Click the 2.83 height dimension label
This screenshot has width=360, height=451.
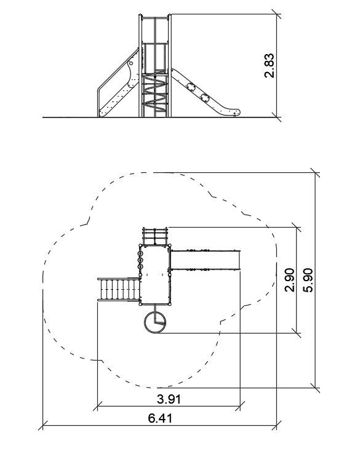point(270,66)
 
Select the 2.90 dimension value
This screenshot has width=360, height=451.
point(289,280)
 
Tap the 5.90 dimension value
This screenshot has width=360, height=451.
point(308,280)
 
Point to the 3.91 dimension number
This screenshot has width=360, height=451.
point(169,399)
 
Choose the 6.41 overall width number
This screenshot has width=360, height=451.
point(160,418)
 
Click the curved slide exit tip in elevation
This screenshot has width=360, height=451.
point(236,111)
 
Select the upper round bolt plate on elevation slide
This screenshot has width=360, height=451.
point(191,87)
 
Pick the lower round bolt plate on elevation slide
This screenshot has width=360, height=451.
point(205,98)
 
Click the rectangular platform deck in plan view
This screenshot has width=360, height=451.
point(156,274)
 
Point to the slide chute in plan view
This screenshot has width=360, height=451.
point(206,260)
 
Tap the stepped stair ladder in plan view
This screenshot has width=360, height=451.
point(119,290)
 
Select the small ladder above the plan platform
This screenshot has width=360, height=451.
point(155,236)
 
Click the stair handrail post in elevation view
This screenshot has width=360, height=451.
point(98,102)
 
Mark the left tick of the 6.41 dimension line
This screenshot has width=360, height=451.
point(42,425)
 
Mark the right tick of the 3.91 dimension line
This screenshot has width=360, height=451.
point(240,407)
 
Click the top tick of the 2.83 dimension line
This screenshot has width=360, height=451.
point(276,14)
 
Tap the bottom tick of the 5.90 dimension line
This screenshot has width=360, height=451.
point(315,388)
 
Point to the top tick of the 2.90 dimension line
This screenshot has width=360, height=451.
point(297,227)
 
